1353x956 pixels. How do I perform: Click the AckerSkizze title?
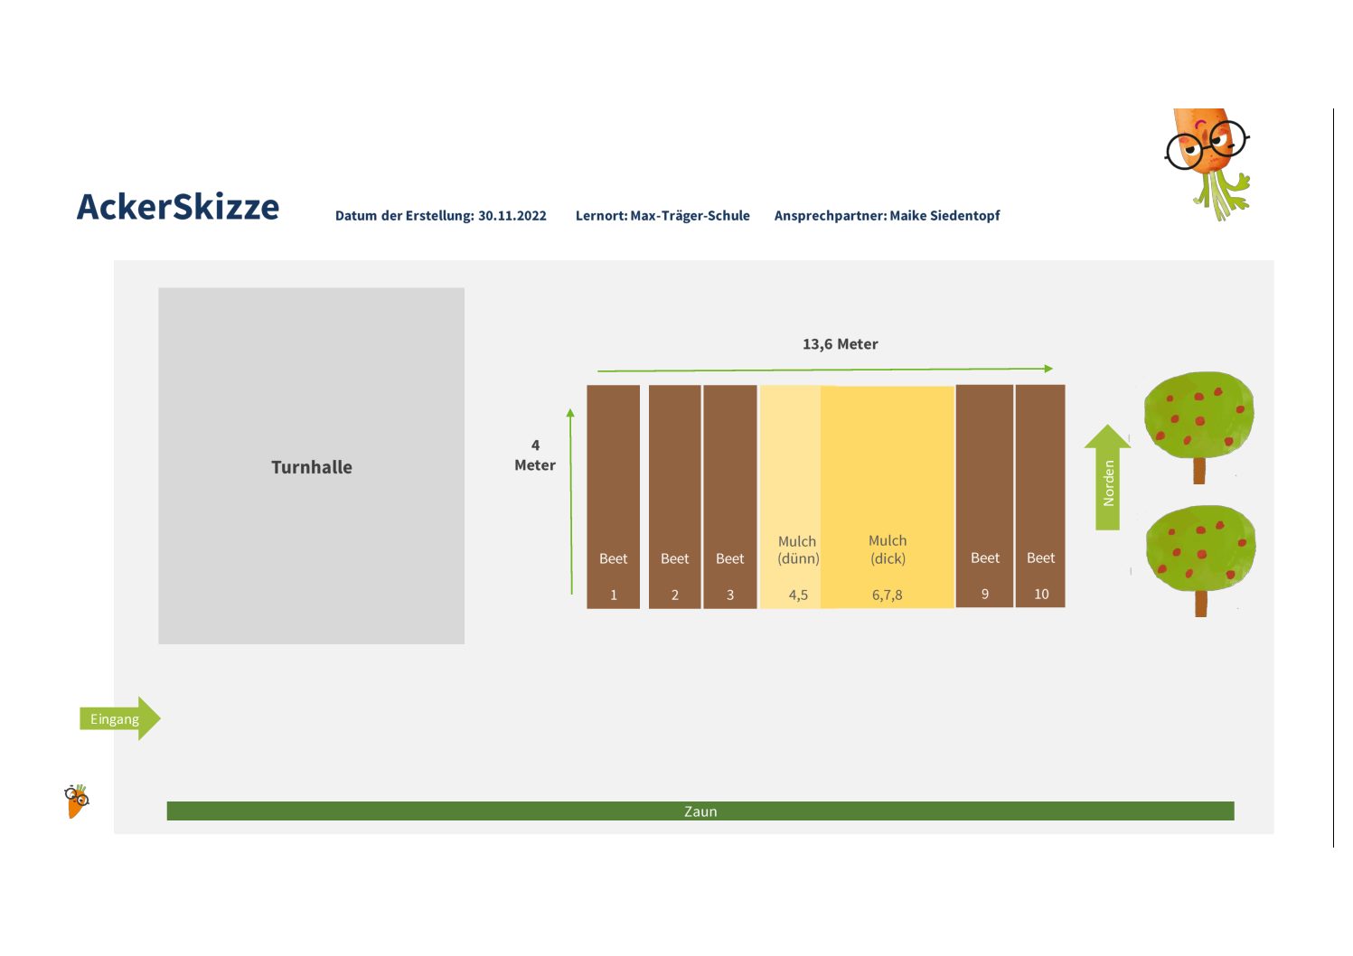[177, 207]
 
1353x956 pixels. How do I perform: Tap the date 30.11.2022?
[512, 216]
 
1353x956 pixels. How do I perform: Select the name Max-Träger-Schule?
[690, 215]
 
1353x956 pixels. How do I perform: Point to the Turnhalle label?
[312, 467]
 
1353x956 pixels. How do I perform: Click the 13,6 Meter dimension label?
[841, 344]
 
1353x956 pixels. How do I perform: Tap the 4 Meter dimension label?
[534, 455]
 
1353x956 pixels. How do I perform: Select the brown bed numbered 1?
[613, 496]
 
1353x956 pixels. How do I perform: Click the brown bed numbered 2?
[674, 496]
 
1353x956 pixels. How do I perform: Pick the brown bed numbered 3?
[729, 496]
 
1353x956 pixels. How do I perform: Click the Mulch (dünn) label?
[798, 549]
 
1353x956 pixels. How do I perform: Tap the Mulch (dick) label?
[888, 549]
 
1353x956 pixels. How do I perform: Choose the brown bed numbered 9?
[984, 496]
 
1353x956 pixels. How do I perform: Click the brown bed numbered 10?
[1040, 496]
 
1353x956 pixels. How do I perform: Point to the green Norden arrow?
[1107, 477]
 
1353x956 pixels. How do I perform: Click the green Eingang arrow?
[120, 718]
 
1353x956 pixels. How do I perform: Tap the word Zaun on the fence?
[700, 811]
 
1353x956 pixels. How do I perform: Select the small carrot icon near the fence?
[77, 801]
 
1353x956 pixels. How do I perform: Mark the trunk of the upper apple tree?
[1199, 471]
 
